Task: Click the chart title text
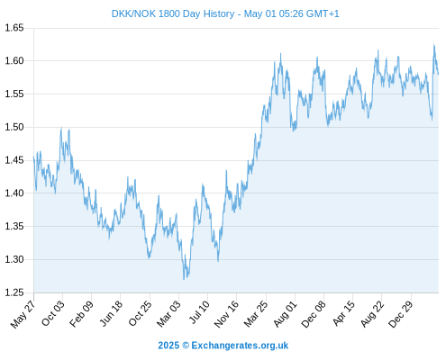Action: [225, 13]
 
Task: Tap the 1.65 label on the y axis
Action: [14, 28]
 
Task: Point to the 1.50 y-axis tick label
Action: [14, 127]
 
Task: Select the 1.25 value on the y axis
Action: [14, 292]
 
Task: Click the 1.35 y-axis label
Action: [14, 226]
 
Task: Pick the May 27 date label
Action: [23, 314]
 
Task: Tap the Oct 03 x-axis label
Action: [53, 313]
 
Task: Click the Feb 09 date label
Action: [81, 314]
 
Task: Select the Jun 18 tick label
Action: [111, 313]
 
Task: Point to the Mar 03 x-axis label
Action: [168, 314]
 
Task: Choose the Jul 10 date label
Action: [199, 312]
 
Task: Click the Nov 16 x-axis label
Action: [226, 314]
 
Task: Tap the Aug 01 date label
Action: [285, 314]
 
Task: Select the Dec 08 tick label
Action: [314, 314]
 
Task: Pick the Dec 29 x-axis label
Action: [401, 314]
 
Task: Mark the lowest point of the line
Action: [184, 279]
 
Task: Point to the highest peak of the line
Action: [433, 44]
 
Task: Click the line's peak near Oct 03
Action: [61, 128]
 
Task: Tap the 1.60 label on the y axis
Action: [14, 61]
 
